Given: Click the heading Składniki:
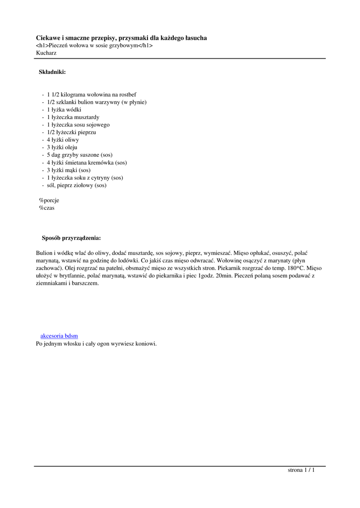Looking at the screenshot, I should point(52,72).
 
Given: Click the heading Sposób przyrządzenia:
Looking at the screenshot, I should point(71,238).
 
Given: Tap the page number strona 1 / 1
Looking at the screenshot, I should point(301,470).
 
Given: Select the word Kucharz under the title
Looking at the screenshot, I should point(46,53).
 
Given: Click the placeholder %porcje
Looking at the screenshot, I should point(49,200).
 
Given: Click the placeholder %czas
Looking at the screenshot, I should point(47,208).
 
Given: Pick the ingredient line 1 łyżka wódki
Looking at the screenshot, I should point(64,110).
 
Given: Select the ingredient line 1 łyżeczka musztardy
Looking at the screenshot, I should point(73,117).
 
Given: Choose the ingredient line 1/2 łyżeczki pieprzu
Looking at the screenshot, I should point(72,132).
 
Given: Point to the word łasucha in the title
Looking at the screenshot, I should point(195,38).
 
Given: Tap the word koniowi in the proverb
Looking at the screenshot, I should point(145,343).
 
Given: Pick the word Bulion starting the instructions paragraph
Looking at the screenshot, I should point(45,253).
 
